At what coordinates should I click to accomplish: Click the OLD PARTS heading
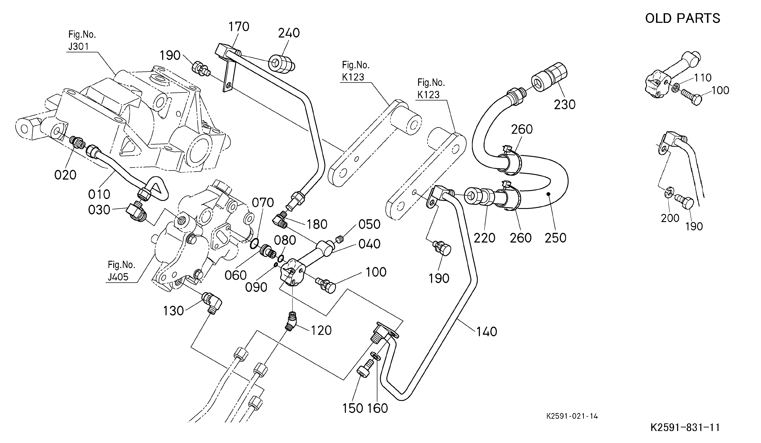point(682,18)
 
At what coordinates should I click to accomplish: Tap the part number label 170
point(239,27)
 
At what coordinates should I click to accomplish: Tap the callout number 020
point(65,175)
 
